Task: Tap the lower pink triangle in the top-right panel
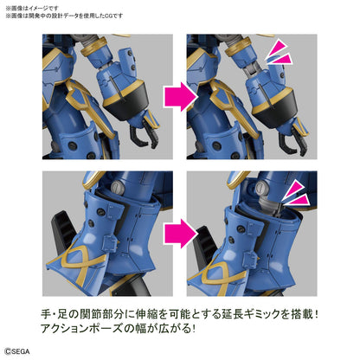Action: pos(280,60)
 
